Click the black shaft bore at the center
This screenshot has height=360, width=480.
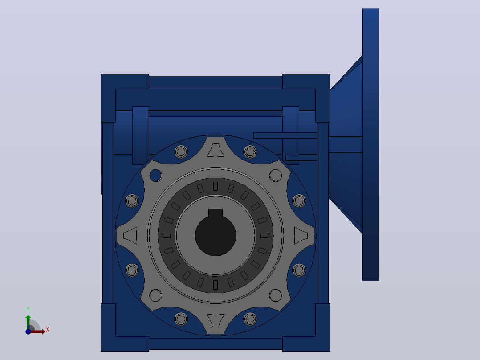click(x=216, y=235)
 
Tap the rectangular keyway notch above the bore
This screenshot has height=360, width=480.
click(x=216, y=213)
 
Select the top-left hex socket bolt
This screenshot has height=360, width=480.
click(x=181, y=151)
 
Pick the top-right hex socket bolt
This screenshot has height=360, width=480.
click(x=250, y=151)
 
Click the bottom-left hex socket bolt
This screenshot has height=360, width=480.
click(x=181, y=319)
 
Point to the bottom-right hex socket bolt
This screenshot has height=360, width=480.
click(x=250, y=319)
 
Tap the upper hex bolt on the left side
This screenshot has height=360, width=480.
click(x=132, y=201)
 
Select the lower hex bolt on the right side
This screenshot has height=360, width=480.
click(x=299, y=270)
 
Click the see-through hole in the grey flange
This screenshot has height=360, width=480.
click(x=155, y=176)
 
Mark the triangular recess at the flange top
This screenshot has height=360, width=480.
click(x=216, y=150)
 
